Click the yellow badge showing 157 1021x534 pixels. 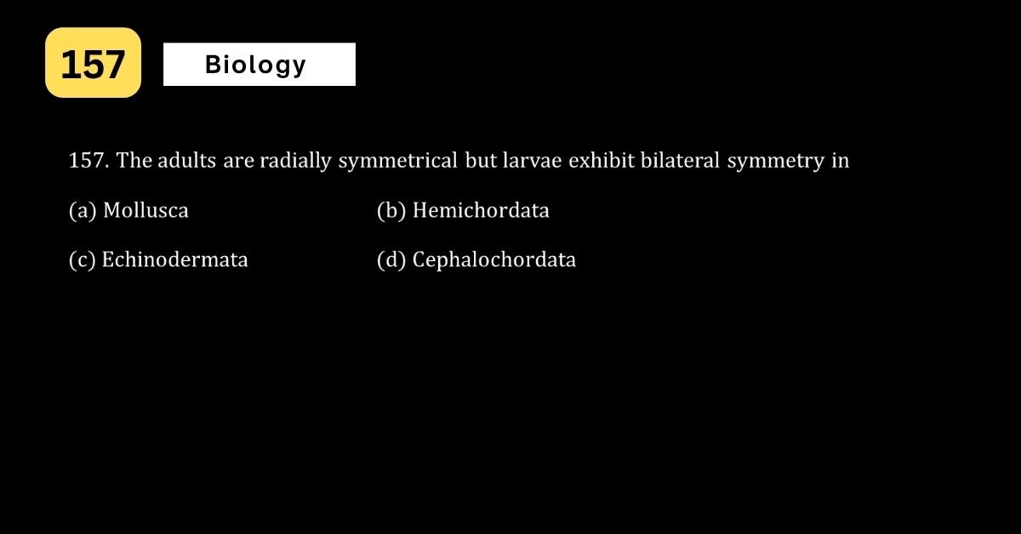(x=93, y=62)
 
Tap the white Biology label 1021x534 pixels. (x=260, y=65)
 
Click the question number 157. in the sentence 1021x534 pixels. (x=88, y=161)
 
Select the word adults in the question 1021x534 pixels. (x=187, y=161)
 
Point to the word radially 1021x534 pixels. (x=295, y=162)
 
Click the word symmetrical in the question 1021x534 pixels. (x=397, y=162)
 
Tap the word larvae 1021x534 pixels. (x=532, y=161)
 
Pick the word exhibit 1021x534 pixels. (x=602, y=161)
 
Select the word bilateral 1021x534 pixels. (x=680, y=161)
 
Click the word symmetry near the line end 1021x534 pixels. (x=775, y=162)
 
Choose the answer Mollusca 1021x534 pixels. (x=145, y=210)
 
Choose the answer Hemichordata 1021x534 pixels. (x=481, y=210)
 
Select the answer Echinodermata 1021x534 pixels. (x=174, y=259)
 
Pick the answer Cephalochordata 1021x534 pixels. (x=494, y=260)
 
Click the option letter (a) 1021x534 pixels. (x=83, y=211)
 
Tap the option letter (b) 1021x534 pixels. (x=391, y=211)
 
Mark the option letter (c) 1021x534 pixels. (x=82, y=260)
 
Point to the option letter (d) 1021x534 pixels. (x=391, y=260)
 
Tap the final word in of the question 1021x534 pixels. (x=841, y=161)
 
